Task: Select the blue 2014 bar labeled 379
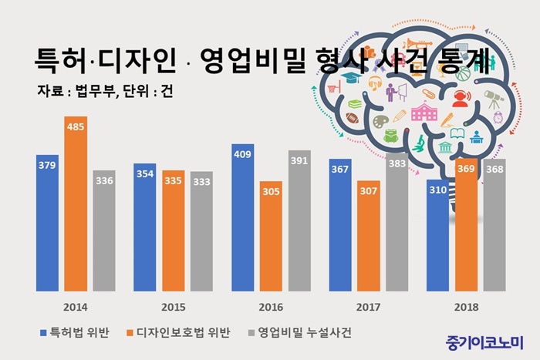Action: pos(47,224)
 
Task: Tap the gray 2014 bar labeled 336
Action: pos(103,231)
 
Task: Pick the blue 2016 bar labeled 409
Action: pos(242,219)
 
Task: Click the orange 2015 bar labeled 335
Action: pos(173,231)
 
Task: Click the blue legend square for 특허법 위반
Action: pos(43,332)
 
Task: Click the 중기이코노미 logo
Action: pos(484,339)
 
